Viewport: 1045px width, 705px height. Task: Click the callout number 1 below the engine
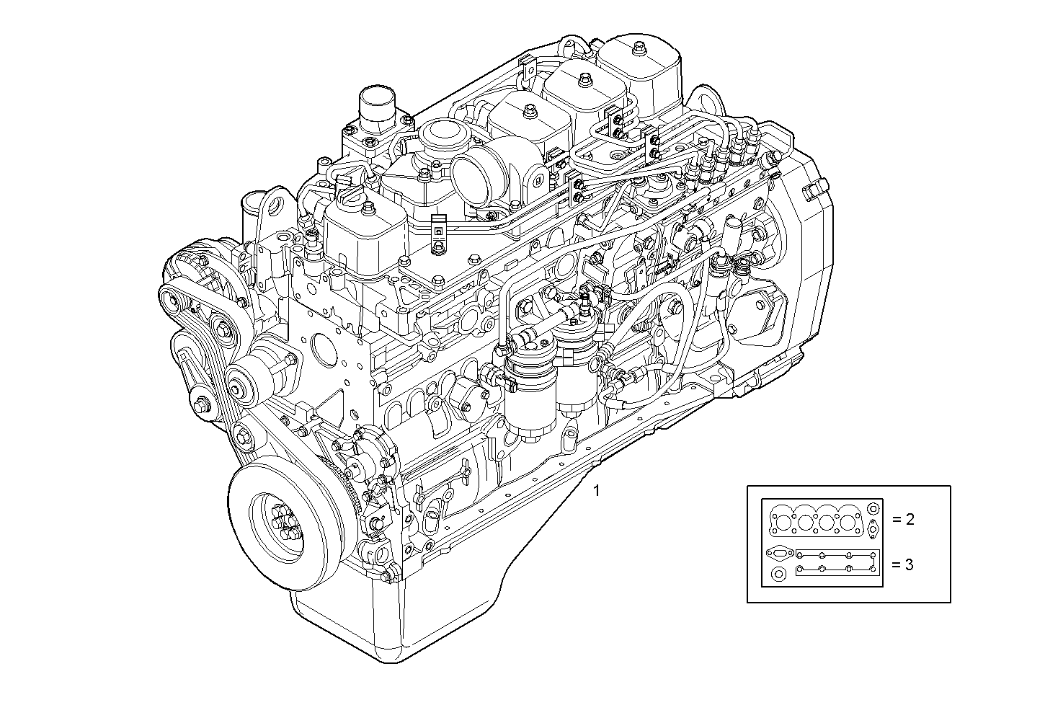[596, 490]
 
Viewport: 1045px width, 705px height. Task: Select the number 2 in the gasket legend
[910, 519]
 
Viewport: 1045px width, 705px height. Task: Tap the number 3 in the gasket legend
[910, 564]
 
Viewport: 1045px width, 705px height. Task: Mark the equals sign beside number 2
[897, 519]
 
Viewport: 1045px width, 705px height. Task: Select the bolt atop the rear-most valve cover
[639, 48]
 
